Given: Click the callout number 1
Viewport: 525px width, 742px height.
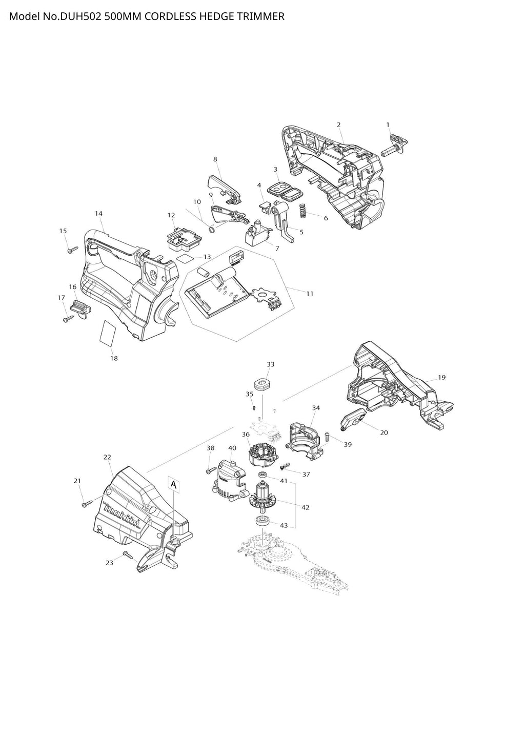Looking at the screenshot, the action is pos(388,125).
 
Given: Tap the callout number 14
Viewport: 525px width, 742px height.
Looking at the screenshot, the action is pos(98,214).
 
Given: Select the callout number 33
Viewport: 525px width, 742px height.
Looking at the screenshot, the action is pos(271,364).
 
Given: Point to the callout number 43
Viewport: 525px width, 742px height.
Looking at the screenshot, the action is pos(284,525).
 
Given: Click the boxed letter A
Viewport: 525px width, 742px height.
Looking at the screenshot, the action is pos(173,484).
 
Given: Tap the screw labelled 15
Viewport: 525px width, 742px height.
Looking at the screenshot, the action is pos(73,250).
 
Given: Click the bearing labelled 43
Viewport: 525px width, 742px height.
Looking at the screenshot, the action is pos(261,521).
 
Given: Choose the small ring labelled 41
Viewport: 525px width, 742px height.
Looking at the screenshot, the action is pos(263,475).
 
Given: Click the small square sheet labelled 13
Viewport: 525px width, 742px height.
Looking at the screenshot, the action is pos(184,259).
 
